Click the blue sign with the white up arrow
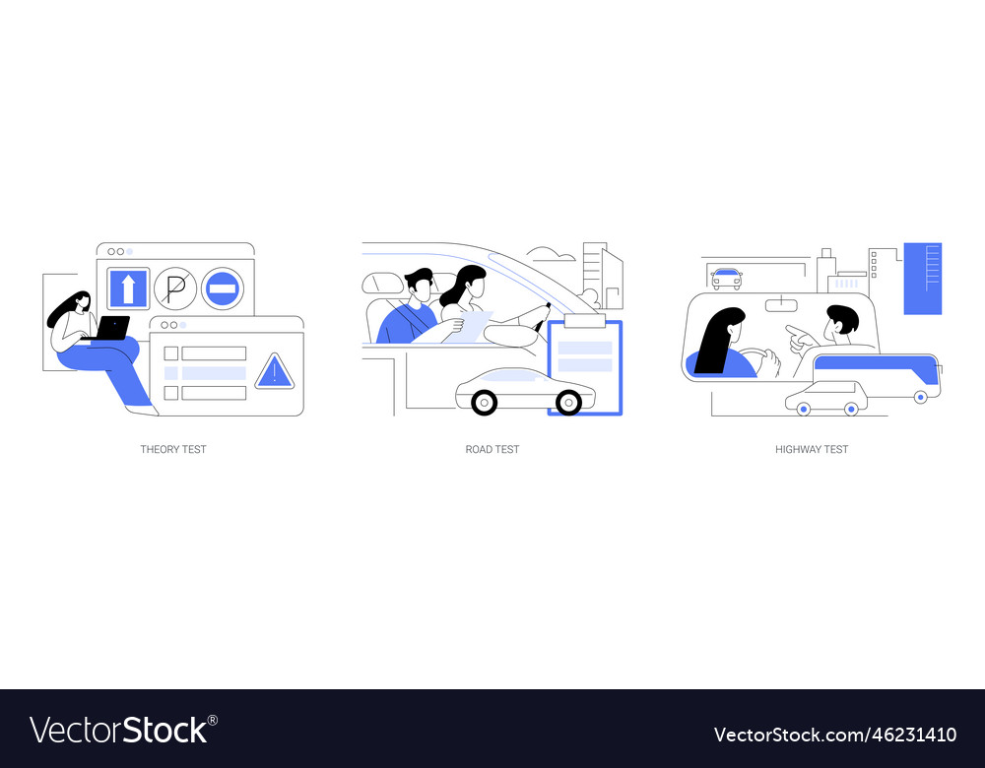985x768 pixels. coord(128,288)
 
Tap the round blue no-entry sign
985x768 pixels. coord(223,288)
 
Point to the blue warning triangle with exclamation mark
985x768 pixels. coord(273,372)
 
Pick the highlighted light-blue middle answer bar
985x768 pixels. coord(213,373)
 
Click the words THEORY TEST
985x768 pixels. coord(173,449)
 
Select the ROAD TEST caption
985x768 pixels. coord(492,449)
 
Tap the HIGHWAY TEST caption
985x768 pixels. coord(812,449)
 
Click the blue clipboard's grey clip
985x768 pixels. coord(584,320)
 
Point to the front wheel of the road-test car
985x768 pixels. coord(568,402)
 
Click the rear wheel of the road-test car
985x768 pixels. coord(484,402)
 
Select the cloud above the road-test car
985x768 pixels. coord(552,255)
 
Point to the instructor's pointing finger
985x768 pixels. coord(793,329)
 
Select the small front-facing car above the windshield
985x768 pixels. coord(727,279)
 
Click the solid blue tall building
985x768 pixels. coord(922,278)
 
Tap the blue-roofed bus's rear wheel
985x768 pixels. coord(920,397)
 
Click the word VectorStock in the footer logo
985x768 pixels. coord(118,730)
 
